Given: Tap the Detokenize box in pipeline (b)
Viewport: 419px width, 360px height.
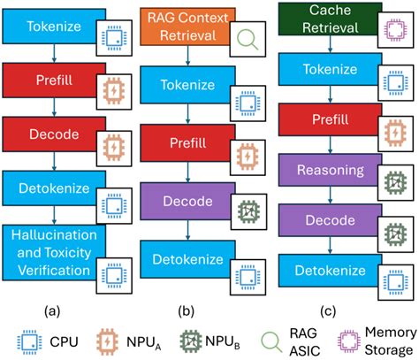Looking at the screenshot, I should click(181, 260).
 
